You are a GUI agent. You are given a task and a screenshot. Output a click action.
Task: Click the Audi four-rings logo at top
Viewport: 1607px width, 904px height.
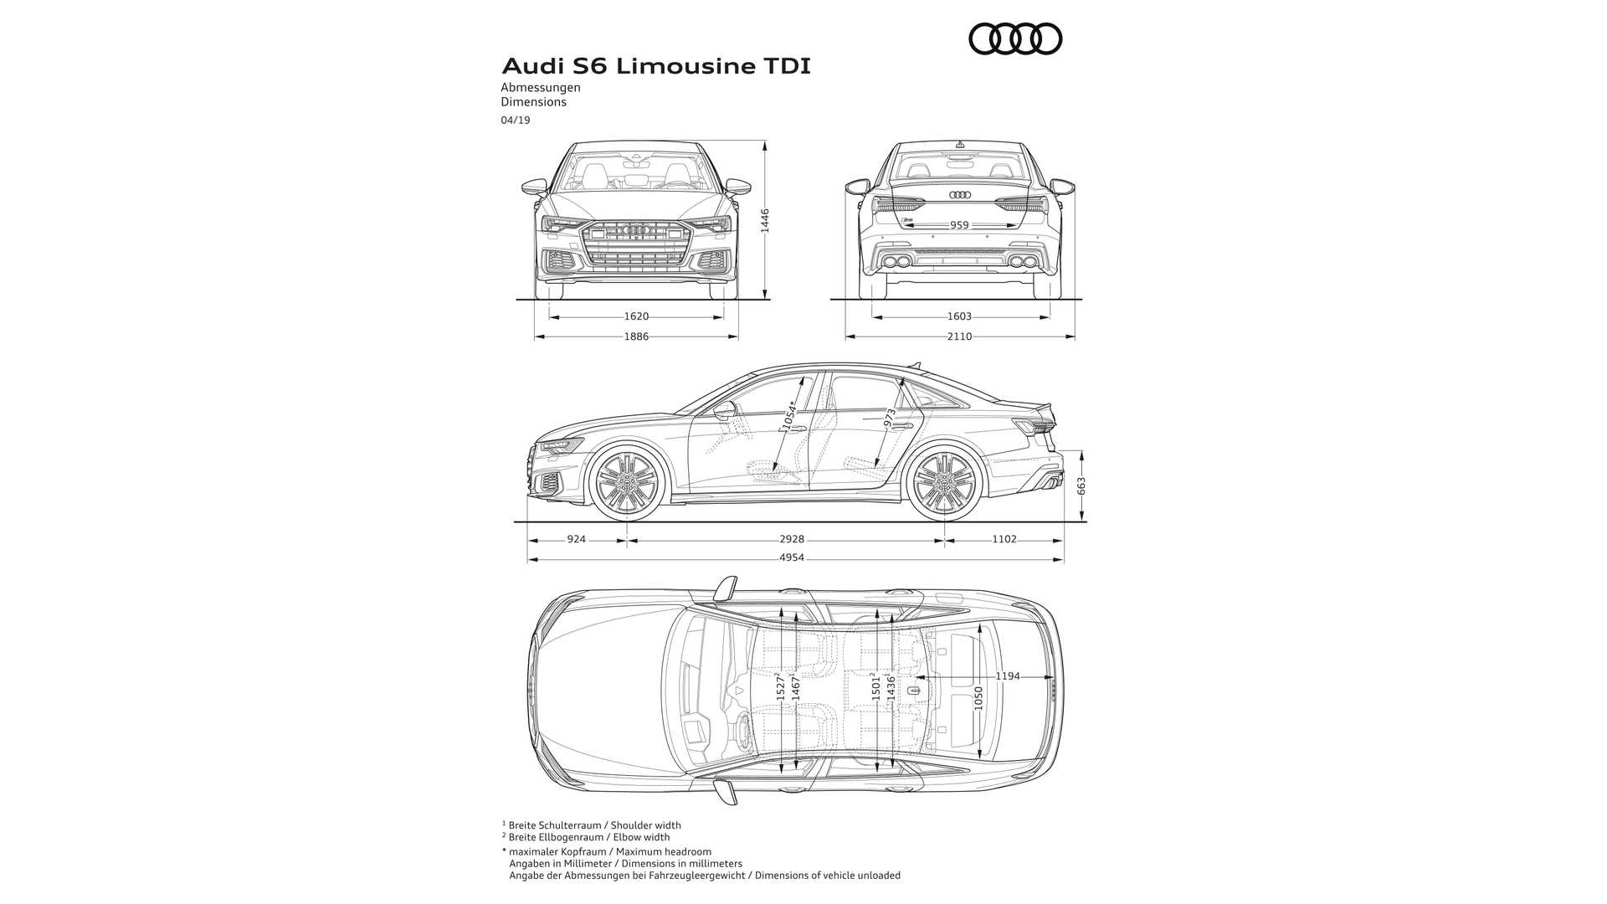[x=1015, y=39]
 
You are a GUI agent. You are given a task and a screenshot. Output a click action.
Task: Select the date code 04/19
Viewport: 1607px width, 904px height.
[x=516, y=120]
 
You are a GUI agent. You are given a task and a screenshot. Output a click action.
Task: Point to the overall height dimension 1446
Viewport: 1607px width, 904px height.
[x=765, y=221]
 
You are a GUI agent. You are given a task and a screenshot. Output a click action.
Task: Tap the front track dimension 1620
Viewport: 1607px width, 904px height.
[x=636, y=316]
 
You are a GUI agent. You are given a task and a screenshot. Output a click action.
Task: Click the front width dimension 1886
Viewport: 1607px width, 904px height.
[x=636, y=336]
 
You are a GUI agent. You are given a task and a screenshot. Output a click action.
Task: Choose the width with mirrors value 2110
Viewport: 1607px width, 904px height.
[x=959, y=336]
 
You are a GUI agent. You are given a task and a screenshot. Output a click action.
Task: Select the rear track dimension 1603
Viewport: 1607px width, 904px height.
[x=959, y=316]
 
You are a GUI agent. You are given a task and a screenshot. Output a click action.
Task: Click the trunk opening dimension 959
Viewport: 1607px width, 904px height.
[x=959, y=225]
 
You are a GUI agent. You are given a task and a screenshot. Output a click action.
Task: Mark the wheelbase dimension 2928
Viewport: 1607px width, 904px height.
[x=791, y=540]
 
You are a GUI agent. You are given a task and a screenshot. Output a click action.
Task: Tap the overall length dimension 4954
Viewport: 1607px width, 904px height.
[x=791, y=557]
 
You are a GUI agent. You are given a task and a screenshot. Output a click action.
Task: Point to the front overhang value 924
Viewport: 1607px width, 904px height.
[x=576, y=540]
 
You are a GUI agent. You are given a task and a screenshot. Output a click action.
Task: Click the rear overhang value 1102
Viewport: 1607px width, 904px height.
[x=1004, y=540]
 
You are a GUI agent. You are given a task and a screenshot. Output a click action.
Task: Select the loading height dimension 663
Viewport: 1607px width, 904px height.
[x=1081, y=486]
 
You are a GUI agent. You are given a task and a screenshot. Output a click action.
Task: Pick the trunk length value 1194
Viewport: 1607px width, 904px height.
[x=1008, y=676]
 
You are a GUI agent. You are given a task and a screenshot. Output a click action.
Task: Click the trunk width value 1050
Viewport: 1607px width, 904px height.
[x=979, y=698]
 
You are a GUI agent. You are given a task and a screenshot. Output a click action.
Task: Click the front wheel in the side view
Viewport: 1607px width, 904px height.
[x=627, y=484]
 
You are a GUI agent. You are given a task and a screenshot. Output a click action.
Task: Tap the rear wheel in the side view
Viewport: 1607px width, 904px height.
[x=945, y=484]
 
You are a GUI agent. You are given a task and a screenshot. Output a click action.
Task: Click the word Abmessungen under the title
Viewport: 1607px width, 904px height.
[x=541, y=87]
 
